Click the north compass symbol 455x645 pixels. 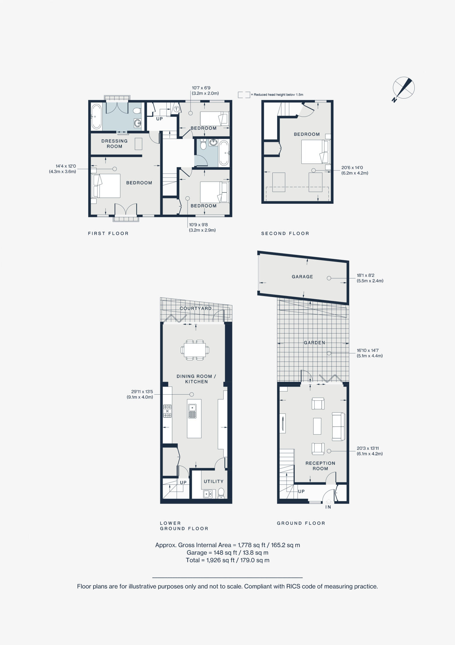pos(403,88)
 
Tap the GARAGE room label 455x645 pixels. pos(302,277)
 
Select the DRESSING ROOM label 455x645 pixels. pos(114,144)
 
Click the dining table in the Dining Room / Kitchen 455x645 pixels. pos(195,350)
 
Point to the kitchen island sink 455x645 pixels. pos(192,411)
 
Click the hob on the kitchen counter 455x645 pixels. pos(167,411)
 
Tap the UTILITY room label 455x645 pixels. pos(213,481)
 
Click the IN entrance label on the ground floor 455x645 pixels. pos(328,507)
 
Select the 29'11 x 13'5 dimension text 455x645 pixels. pos(140,394)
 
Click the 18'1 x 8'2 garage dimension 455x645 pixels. pos(370,278)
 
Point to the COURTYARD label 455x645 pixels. pos(196,308)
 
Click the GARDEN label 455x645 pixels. pos(314,343)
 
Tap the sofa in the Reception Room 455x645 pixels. pos(338,426)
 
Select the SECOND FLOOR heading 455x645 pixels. pos(285,233)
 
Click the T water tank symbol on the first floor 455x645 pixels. pos(176,109)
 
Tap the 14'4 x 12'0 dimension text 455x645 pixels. pos(63,169)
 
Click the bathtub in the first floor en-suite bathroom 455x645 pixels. pos(96,117)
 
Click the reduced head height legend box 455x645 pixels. pos(244,94)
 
